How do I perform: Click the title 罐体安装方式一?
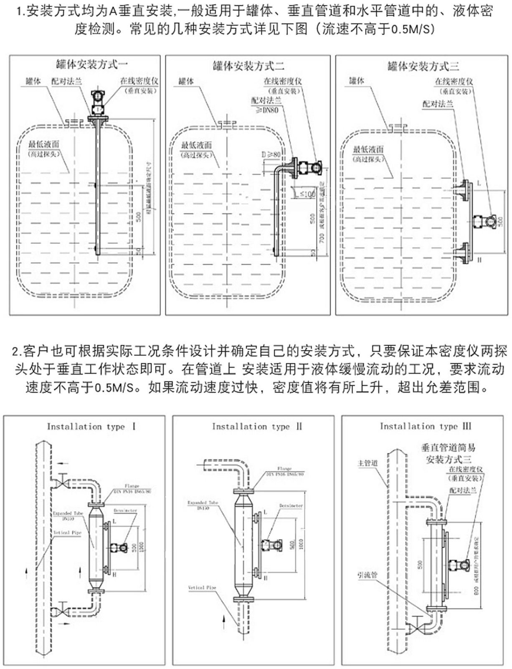92,64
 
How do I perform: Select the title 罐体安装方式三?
423,66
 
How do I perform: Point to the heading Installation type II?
256,426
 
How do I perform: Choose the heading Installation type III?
425,426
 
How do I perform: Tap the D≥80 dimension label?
271,155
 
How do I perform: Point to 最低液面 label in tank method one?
44,144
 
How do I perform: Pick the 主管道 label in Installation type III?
368,463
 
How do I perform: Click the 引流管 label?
367,575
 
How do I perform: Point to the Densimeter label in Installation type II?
291,506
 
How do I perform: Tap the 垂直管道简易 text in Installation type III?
448,448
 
